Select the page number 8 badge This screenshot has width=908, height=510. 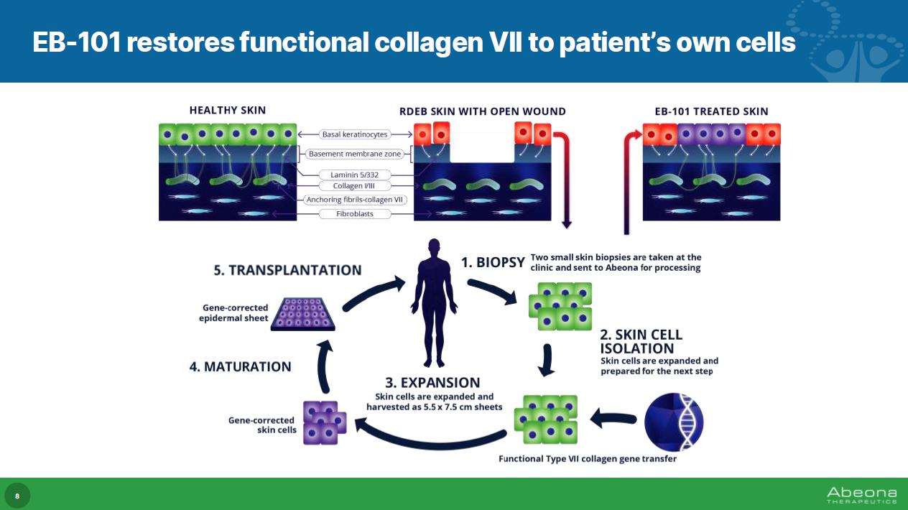17,496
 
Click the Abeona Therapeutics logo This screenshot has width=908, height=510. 861,495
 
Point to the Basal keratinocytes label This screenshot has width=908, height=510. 355,134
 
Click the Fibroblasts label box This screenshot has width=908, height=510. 355,214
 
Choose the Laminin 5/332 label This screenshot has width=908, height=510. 355,174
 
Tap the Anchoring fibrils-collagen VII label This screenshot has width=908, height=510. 355,200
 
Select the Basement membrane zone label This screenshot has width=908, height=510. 355,154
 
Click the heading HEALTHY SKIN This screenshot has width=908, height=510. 227,111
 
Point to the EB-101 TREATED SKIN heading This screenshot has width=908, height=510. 711,111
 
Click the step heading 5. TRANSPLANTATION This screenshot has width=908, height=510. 287,270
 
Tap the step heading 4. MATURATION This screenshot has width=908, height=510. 240,366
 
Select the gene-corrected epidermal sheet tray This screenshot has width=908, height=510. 303,313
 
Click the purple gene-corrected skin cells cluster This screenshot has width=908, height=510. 325,422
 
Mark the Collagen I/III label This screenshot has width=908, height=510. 355,186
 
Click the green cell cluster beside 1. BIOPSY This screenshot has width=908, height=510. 560,305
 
